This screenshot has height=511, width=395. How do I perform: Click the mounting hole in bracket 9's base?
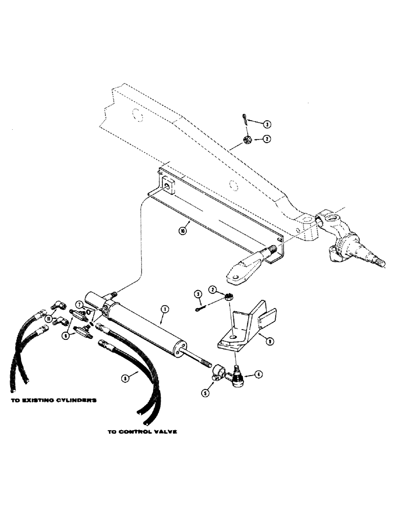233,337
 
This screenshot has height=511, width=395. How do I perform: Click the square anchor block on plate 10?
168,185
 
